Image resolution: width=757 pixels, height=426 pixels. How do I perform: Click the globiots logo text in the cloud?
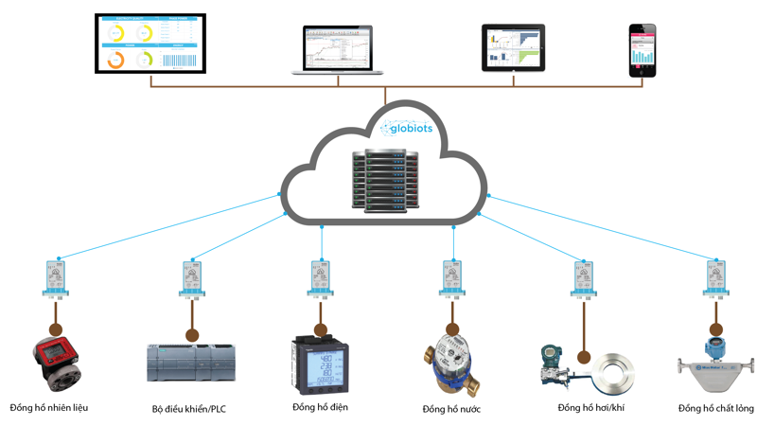[x=408, y=128]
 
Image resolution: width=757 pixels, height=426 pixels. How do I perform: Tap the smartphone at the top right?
[x=643, y=50]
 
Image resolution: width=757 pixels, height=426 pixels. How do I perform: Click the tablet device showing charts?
[x=514, y=48]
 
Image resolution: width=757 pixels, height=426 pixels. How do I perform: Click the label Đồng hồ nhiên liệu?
[x=49, y=408]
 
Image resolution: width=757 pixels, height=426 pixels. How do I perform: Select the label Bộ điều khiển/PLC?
[x=189, y=409]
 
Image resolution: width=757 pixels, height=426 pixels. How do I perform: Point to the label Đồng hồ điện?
[x=321, y=408]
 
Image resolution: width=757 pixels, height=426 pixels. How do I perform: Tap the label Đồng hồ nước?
[x=451, y=409]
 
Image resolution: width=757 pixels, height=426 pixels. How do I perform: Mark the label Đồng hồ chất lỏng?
[x=715, y=409]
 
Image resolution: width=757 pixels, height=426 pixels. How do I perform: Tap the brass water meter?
[x=451, y=364]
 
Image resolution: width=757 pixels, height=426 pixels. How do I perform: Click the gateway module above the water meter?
[x=452, y=279]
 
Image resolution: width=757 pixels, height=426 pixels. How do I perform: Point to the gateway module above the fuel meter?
[x=59, y=279]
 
